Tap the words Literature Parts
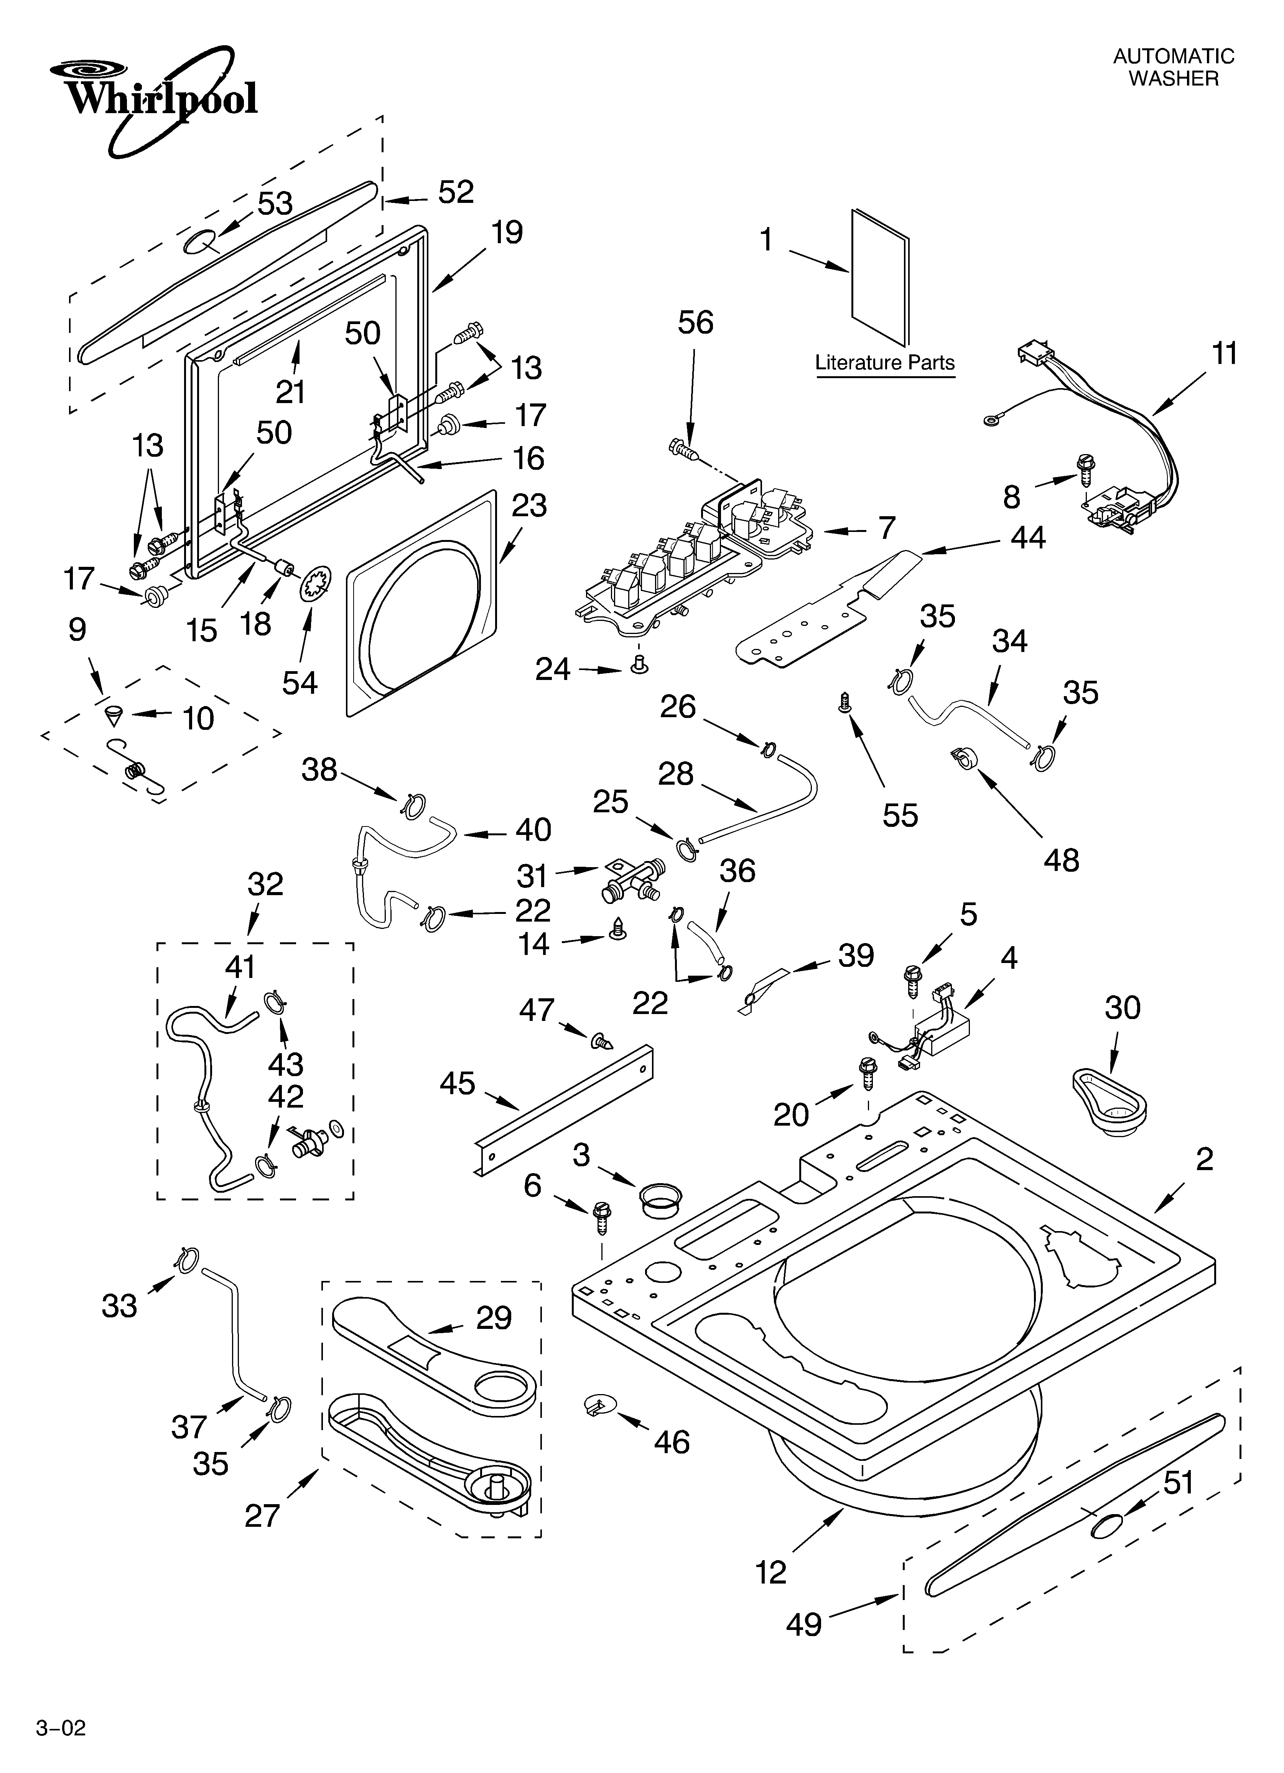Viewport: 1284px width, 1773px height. point(884,363)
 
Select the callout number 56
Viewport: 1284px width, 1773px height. point(695,323)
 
